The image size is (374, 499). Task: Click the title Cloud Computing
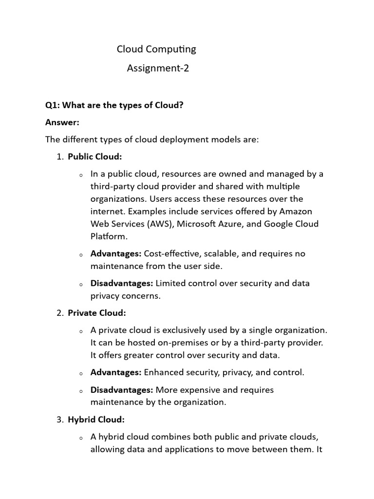click(x=156, y=49)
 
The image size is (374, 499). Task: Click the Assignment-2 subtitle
click(x=158, y=68)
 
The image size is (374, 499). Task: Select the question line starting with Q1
click(x=114, y=105)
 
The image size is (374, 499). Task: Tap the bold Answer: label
click(x=62, y=122)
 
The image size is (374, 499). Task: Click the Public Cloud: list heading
click(x=94, y=156)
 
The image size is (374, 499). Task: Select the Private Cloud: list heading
click(x=96, y=313)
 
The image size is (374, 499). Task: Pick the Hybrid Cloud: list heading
click(x=96, y=419)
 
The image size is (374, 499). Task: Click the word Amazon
click(x=296, y=211)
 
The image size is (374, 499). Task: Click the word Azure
click(x=242, y=224)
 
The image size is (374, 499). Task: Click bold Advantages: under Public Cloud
click(x=116, y=254)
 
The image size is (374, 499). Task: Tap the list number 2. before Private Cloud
click(x=60, y=313)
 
